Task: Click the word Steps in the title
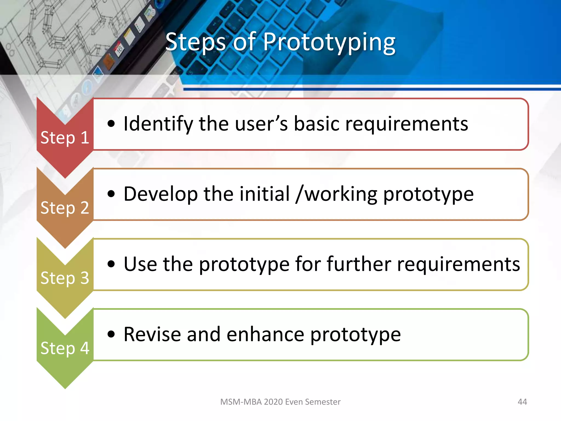coord(196,42)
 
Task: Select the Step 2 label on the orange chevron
coord(65,207)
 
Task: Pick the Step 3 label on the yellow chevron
coord(65,278)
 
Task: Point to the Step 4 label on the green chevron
coord(65,348)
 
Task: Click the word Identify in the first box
coord(158,124)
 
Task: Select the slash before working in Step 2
coord(300,194)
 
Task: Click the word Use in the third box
coord(141,264)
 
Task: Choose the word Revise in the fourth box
coord(152,334)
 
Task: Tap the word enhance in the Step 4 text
coord(265,334)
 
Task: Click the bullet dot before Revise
coord(111,334)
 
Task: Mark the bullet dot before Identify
coord(111,124)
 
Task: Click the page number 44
coord(522,402)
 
